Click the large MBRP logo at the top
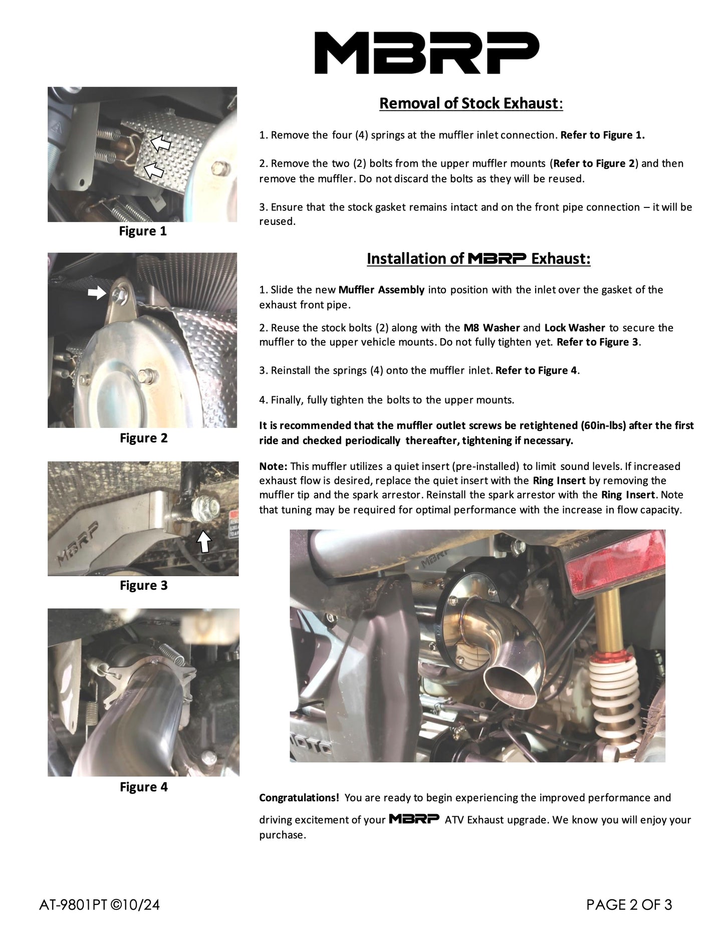click(x=426, y=53)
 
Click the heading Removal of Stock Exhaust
click(x=470, y=103)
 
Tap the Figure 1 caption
click(x=143, y=231)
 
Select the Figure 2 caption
click(x=144, y=438)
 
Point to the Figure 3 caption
click(x=144, y=586)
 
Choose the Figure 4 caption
click(x=144, y=787)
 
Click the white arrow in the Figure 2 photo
click(x=97, y=293)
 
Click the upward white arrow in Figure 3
click(x=203, y=541)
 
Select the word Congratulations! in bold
click(x=299, y=798)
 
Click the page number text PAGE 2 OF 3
click(x=629, y=905)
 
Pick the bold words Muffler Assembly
click(x=381, y=290)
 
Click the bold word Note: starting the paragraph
click(x=273, y=466)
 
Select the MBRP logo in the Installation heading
click(x=497, y=259)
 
